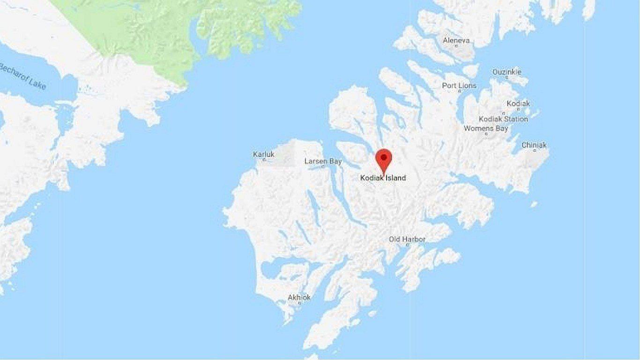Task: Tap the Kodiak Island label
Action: pos(383,178)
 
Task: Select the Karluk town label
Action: pos(264,154)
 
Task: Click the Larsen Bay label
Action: pos(323,161)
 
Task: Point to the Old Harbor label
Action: pos(407,240)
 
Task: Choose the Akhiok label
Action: pos(299,297)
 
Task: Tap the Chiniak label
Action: pos(534,145)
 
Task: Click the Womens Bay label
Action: pos(486,128)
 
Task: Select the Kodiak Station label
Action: pos(503,119)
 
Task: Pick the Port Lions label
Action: pos(459,86)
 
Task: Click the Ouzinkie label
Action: pos(506,72)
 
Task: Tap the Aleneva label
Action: pos(456,41)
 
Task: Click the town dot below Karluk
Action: pos(264,160)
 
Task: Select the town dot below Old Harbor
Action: pos(407,245)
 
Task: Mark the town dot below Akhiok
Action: pos(299,303)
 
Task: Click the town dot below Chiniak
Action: pos(534,151)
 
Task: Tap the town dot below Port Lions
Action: pos(460,91)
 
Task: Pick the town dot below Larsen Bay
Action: pos(323,167)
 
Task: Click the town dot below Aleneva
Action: pos(456,46)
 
